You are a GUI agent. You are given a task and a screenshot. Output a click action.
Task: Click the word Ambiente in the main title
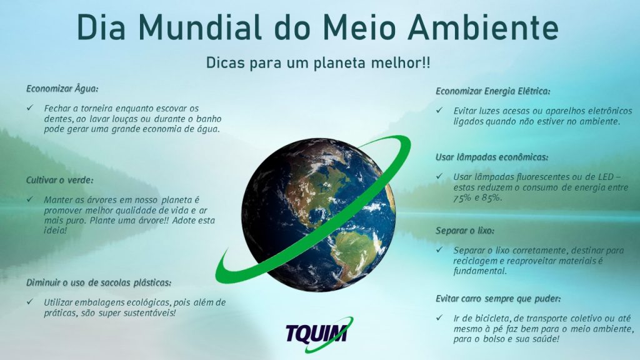click(482, 27)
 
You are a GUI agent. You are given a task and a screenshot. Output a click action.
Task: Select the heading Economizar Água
click(62, 89)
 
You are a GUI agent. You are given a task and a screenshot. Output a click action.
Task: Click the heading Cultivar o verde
click(59, 180)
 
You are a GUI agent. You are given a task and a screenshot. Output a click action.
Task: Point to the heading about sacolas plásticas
click(99, 282)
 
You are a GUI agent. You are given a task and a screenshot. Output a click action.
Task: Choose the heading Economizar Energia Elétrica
click(492, 91)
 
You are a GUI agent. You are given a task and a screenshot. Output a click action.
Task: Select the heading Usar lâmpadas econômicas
click(492, 157)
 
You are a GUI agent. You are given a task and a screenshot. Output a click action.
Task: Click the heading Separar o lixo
click(465, 231)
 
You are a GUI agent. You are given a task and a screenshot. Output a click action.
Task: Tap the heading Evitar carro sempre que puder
click(498, 299)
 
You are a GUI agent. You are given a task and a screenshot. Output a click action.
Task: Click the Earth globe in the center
click(318, 215)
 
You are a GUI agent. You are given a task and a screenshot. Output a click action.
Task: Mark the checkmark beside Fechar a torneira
click(30, 107)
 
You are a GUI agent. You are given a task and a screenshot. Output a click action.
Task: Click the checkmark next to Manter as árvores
click(30, 199)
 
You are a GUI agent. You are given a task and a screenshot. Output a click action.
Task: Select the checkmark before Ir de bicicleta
click(439, 317)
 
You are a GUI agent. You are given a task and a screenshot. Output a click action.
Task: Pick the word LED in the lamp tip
click(606, 177)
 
